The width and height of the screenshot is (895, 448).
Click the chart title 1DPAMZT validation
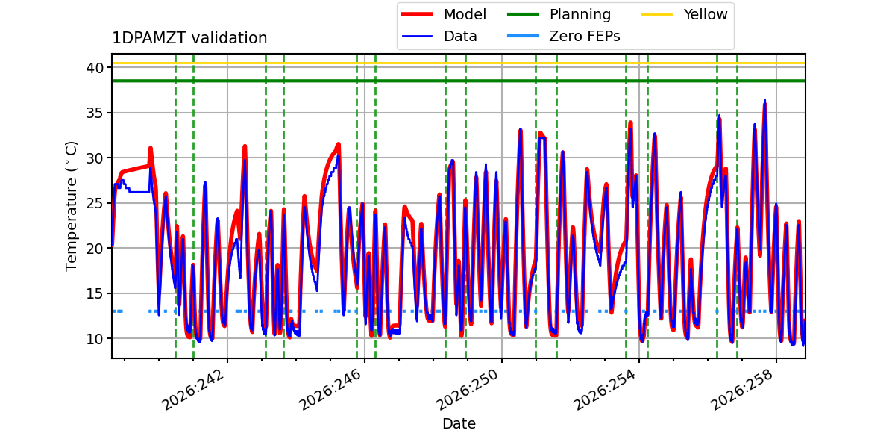coord(189,38)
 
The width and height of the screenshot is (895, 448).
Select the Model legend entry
coord(444,14)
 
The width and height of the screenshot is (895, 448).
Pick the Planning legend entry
coord(559,14)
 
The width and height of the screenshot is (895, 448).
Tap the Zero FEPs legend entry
coord(563,37)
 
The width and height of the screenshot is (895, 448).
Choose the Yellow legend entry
coord(685,14)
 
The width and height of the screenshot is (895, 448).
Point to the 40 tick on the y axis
coord(95,68)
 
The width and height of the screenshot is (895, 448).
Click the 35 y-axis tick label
coord(95,113)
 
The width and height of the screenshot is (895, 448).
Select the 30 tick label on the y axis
coord(95,158)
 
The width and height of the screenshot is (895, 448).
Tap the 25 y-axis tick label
coord(95,204)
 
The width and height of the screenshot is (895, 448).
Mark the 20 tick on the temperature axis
coord(95,249)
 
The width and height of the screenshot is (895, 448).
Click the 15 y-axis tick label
coord(95,294)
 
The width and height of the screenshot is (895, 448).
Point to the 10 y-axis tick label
coord(95,339)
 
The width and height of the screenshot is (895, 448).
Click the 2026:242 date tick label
coord(192,390)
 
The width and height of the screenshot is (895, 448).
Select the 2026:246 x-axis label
coord(330,390)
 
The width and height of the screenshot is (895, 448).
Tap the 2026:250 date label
coord(467,390)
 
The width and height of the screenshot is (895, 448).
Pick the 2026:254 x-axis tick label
coord(605,390)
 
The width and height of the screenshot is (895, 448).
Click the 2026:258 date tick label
coord(742,390)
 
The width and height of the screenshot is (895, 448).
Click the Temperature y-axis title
coord(71,206)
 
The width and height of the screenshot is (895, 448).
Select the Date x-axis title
coord(459,423)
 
